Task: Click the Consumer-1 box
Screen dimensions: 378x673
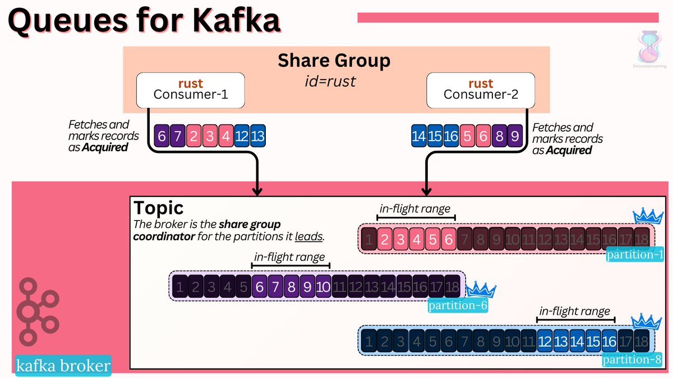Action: click(191, 90)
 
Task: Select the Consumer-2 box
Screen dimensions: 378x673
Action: click(481, 90)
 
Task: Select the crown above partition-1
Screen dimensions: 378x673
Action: click(648, 217)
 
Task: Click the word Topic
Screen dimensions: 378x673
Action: click(159, 208)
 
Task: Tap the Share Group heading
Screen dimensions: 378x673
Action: click(334, 60)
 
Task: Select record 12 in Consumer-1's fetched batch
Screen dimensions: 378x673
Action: click(243, 136)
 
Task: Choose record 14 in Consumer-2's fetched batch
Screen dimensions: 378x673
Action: click(418, 136)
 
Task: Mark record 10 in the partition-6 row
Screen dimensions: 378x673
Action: click(323, 287)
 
